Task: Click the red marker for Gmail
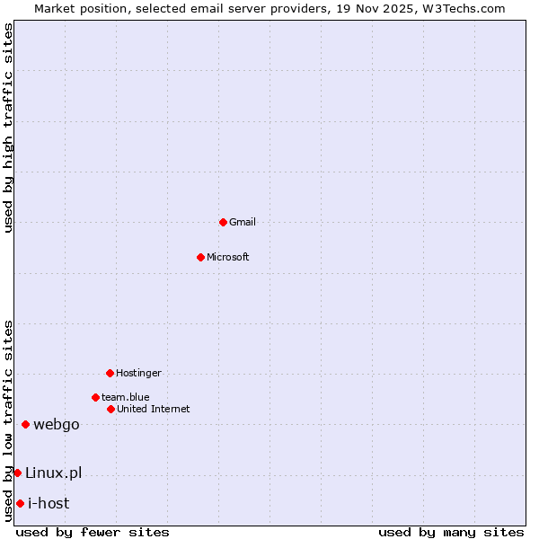223,222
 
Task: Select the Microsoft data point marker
200,257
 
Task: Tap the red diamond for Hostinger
110,373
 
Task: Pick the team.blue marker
95,397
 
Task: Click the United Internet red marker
110,409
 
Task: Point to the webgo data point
25,424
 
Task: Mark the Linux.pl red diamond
17,473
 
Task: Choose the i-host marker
20,503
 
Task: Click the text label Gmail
243,222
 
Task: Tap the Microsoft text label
228,257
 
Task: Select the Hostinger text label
138,373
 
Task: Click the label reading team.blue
126,397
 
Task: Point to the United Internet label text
154,409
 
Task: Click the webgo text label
57,424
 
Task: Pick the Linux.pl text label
53,473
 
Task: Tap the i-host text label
49,503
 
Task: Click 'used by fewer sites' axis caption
93,532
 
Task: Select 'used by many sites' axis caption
451,532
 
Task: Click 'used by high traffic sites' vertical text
8,128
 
